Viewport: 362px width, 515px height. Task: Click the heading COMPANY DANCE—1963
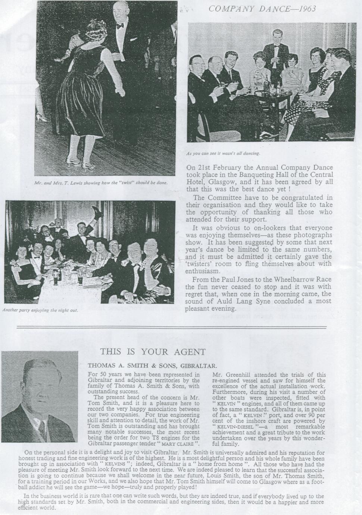(262, 9)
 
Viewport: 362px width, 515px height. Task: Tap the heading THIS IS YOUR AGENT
(153, 352)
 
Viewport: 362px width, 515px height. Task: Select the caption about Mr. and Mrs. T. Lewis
(106, 183)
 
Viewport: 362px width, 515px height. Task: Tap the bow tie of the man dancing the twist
(120, 26)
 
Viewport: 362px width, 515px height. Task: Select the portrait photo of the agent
(40, 396)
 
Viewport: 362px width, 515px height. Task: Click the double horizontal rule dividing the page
(172, 327)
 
